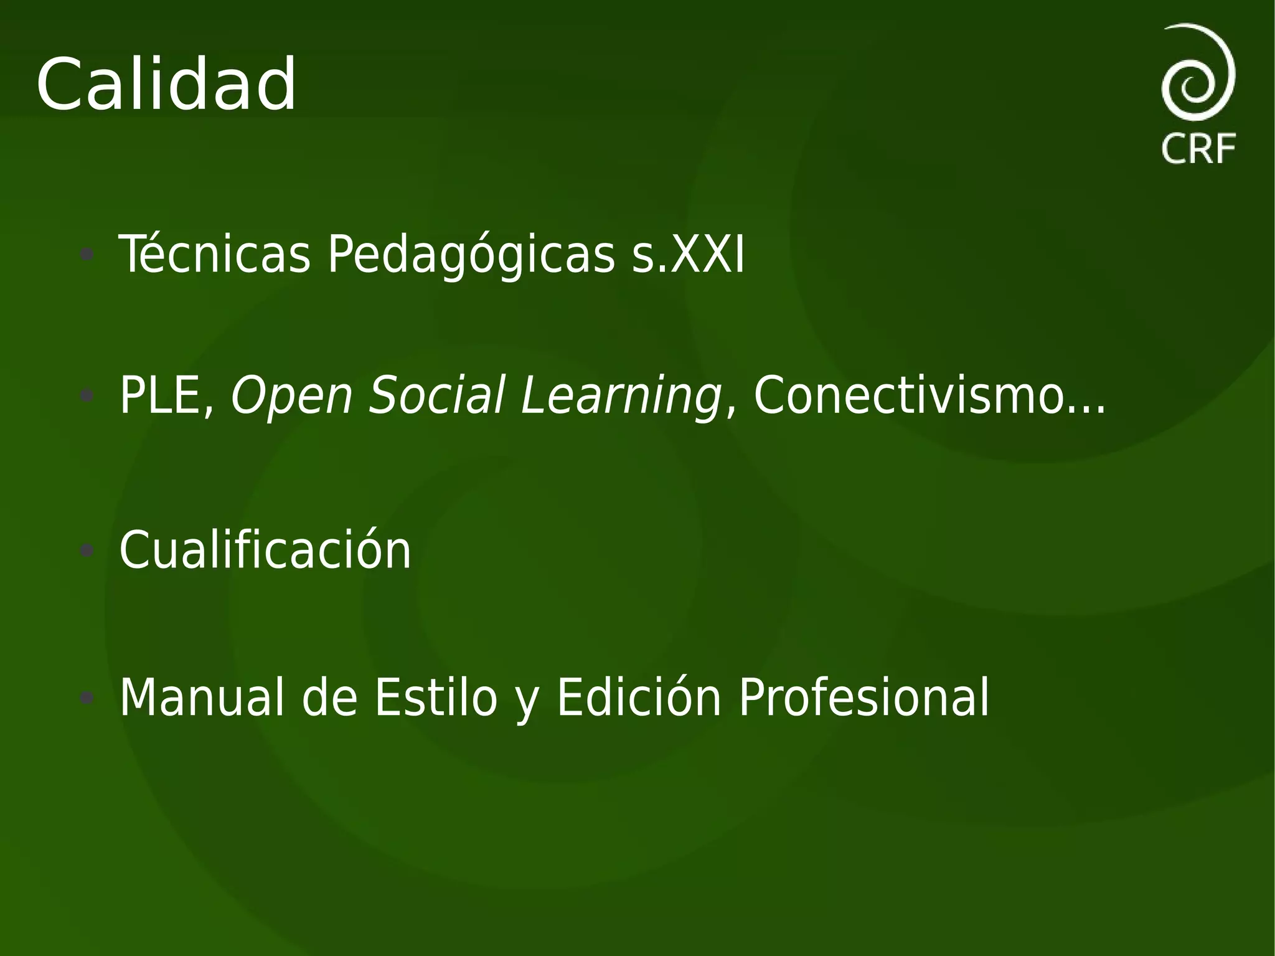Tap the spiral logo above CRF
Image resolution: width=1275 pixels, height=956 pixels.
1198,72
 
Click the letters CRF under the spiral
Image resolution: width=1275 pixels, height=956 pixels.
1198,149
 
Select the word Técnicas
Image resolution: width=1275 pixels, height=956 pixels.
214,254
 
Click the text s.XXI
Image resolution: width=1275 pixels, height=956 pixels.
688,254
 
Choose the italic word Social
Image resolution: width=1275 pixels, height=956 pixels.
436,395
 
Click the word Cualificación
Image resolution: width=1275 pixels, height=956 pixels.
265,550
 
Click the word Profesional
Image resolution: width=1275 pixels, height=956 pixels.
863,698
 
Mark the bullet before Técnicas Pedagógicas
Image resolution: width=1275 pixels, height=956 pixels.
87,254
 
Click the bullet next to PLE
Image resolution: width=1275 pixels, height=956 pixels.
87,395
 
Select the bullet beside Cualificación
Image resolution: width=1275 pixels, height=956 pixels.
87,550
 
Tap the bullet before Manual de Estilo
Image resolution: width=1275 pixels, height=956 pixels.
87,697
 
